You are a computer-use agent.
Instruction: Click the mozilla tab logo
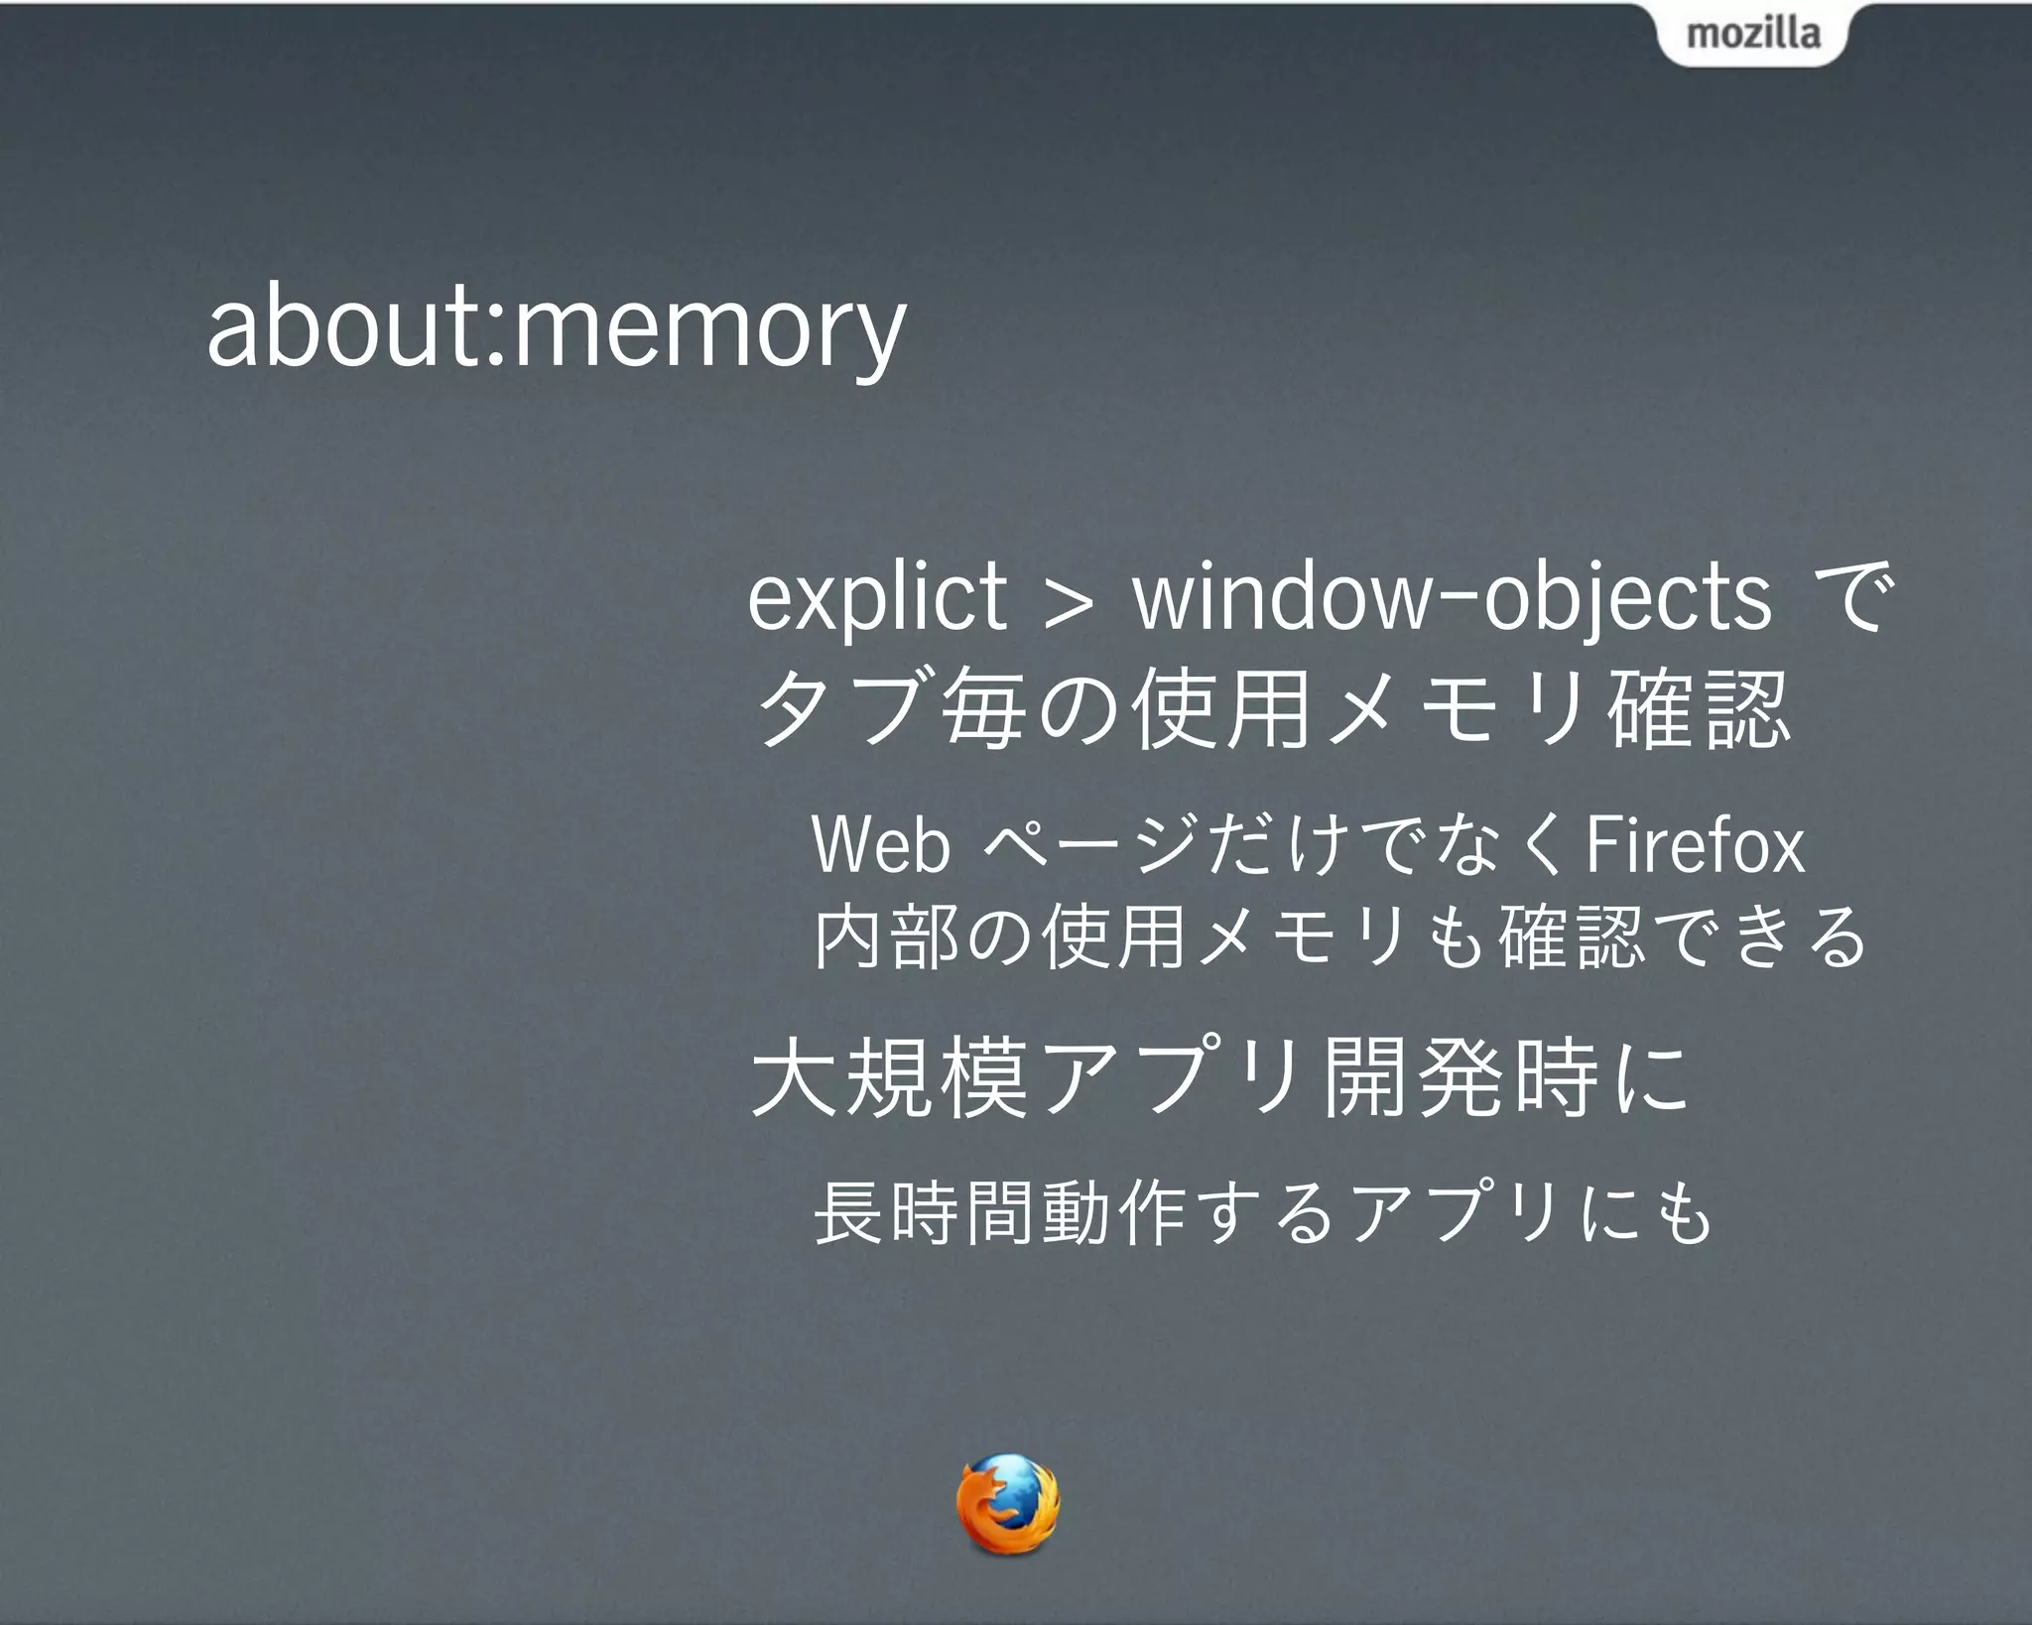[1753, 34]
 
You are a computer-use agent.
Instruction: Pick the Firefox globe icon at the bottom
[1007, 1503]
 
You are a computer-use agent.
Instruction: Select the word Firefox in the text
[1696, 845]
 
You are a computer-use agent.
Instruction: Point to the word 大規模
[889, 1078]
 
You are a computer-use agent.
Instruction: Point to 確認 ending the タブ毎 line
[1699, 708]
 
